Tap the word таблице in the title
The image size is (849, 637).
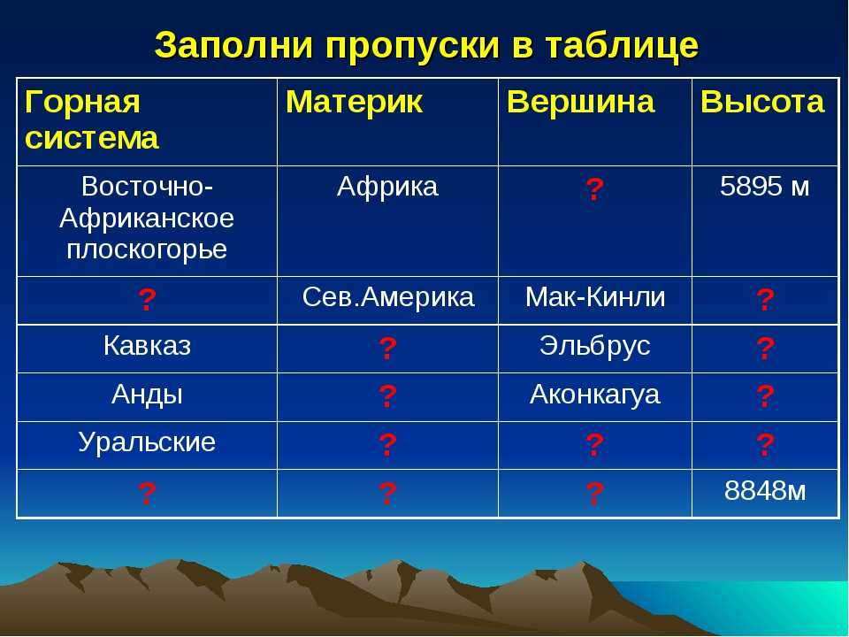coord(622,45)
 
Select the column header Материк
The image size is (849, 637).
coord(354,102)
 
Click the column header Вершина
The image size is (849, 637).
coord(580,102)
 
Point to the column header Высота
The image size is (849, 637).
coord(762,102)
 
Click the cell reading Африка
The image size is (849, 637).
coord(387,187)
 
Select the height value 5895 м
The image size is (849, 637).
coord(764,187)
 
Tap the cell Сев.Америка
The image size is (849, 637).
coord(387,297)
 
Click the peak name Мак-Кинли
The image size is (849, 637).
coord(595,297)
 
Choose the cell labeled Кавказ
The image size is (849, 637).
coord(147,346)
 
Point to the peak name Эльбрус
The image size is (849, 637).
coord(594,347)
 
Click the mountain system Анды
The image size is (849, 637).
coord(147,395)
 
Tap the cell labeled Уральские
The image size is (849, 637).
coord(147,443)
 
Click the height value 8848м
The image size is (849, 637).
coord(764,491)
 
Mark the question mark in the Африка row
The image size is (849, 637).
coord(594,189)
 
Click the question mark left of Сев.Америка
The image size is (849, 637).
coord(147,300)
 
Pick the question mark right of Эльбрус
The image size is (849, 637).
coord(764,349)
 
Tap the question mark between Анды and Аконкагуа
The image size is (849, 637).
coord(387,396)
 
